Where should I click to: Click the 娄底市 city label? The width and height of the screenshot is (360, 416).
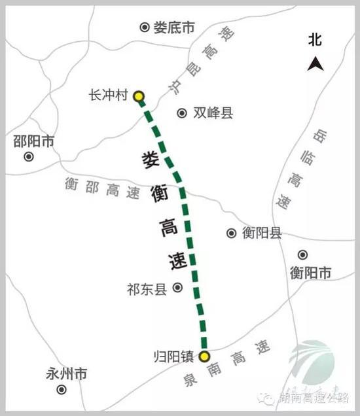point(174,27)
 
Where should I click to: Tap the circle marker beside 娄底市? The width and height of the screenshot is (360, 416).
point(145,27)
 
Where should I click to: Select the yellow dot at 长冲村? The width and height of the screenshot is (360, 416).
point(139,97)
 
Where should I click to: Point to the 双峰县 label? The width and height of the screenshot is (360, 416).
point(213,113)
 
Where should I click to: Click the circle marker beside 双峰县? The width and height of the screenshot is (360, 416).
point(182,113)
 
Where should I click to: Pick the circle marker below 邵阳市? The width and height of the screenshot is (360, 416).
point(29,156)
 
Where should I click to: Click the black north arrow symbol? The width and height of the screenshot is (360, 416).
point(315,63)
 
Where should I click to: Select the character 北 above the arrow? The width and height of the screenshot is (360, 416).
point(315,41)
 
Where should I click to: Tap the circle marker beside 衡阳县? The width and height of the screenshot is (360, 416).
point(231,233)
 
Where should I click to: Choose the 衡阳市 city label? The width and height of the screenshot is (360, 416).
point(311,273)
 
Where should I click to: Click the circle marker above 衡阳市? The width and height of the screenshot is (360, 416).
point(302,255)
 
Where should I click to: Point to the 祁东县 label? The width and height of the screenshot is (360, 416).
point(147,289)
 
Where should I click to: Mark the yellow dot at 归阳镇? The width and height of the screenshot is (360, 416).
point(204,356)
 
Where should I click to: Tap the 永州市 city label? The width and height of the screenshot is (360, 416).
point(67,374)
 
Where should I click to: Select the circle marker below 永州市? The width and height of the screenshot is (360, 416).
point(62,389)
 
